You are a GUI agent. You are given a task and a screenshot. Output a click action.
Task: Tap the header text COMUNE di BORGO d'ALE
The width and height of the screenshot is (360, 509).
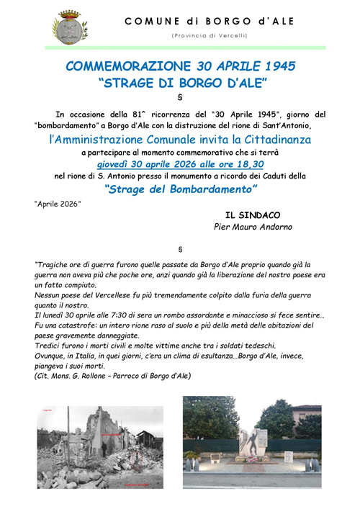click(x=210, y=22)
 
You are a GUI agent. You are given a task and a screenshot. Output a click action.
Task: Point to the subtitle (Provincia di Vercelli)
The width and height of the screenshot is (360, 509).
click(x=210, y=35)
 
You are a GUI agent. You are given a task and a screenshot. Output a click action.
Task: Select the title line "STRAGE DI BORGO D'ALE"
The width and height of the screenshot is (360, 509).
click(x=180, y=82)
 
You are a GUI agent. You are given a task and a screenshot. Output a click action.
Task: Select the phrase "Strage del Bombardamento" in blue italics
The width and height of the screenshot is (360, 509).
click(x=180, y=189)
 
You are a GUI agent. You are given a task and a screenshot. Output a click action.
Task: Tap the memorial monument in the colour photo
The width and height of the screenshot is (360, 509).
click(x=258, y=443)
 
